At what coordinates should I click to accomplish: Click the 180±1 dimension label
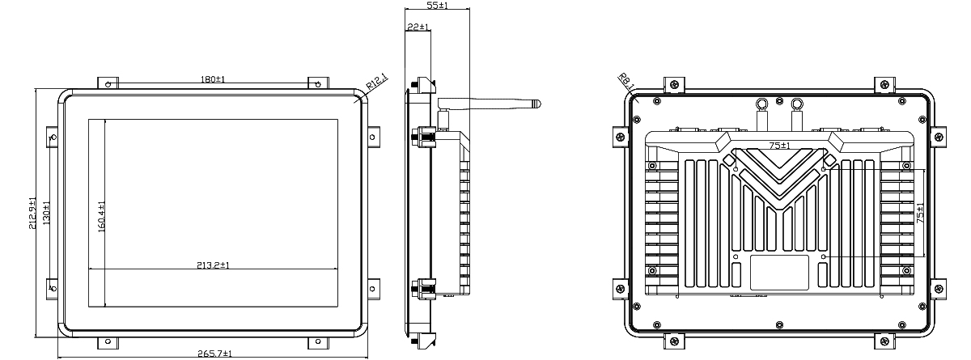[212, 79]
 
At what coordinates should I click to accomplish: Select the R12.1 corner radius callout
[377, 83]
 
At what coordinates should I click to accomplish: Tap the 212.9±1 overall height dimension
[33, 213]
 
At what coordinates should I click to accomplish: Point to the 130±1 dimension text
[46, 213]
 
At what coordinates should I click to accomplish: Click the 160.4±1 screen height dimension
[101, 217]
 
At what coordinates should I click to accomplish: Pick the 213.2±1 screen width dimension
[213, 265]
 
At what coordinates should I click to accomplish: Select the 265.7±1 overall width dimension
[214, 354]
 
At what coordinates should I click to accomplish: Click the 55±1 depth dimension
[438, 5]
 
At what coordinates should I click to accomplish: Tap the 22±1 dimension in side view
[418, 27]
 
